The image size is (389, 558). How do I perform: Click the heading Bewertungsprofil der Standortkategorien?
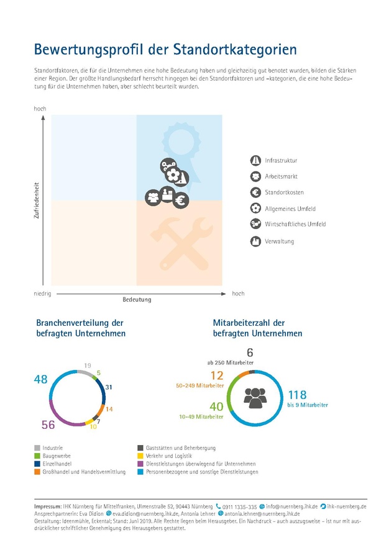[x=165, y=49]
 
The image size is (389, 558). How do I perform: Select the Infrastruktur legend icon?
[x=255, y=160]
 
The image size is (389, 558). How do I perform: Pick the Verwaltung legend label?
[x=280, y=241]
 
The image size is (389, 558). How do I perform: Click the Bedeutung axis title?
[x=137, y=299]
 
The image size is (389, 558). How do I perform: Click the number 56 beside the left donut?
[x=48, y=425]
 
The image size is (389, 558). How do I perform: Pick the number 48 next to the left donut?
[x=41, y=379]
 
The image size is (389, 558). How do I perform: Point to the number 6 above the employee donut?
[x=250, y=353]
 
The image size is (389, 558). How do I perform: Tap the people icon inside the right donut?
[x=255, y=397]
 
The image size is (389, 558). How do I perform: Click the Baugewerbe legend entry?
[x=57, y=455]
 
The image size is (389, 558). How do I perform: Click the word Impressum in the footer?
[x=48, y=506]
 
